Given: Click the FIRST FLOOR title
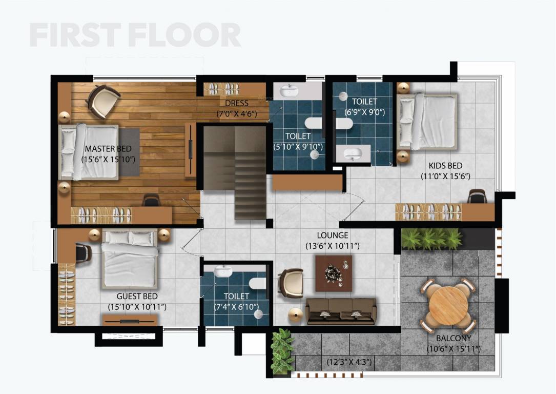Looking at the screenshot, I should tap(135, 35).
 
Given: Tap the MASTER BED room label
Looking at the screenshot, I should tap(108, 149).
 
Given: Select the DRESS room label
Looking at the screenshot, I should tap(237, 103).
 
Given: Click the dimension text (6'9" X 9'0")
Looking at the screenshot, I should tap(364, 112).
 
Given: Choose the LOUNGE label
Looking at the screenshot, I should tap(332, 235).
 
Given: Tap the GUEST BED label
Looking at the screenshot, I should tap(137, 297).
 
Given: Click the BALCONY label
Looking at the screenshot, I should tap(454, 339).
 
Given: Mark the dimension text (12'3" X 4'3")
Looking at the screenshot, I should tap(349, 362).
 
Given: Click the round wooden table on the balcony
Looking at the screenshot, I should tap(448, 305).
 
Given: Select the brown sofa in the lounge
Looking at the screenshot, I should tap(341, 310).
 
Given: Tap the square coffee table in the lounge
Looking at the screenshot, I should tap(334, 273).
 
